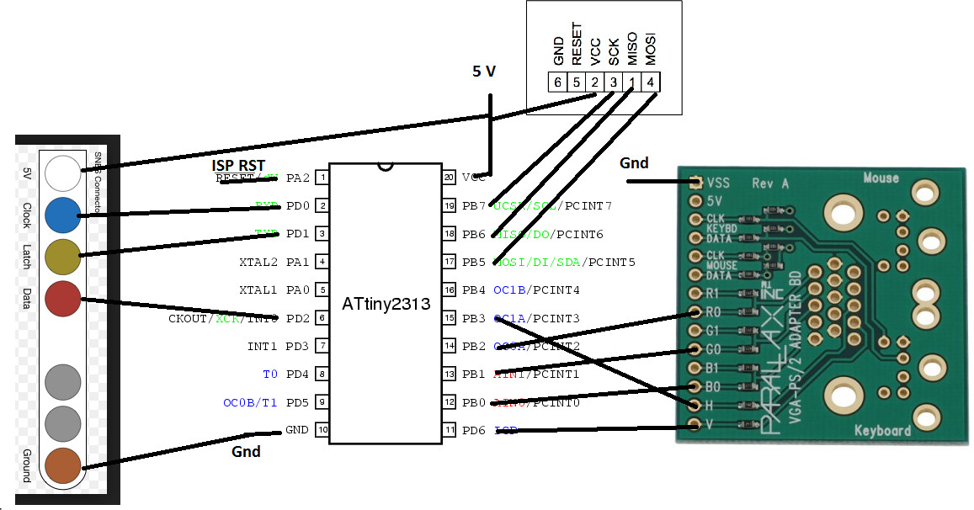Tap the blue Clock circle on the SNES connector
pyautogui.click(x=64, y=215)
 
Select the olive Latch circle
pyautogui.click(x=64, y=257)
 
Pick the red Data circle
pyautogui.click(x=64, y=299)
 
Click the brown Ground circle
pyautogui.click(x=64, y=465)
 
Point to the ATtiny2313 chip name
pyautogui.click(x=385, y=302)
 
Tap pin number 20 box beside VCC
pyautogui.click(x=449, y=178)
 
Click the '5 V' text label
pyautogui.click(x=484, y=72)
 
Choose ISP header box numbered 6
pyautogui.click(x=556, y=82)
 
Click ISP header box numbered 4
pyautogui.click(x=651, y=82)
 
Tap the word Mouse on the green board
pyautogui.click(x=881, y=178)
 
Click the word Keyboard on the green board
pyautogui.click(x=882, y=431)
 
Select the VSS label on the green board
pyautogui.click(x=719, y=183)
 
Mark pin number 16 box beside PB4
pyautogui.click(x=449, y=290)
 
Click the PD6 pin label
pyautogui.click(x=474, y=430)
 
